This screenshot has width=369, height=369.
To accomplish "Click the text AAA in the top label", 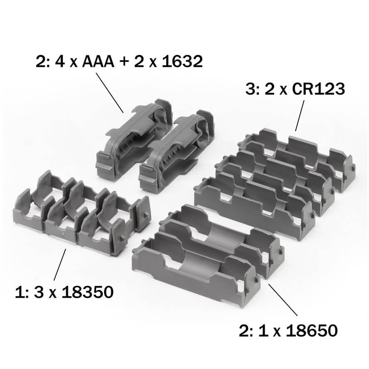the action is (98, 61).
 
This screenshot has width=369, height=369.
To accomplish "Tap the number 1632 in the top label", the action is (182, 61).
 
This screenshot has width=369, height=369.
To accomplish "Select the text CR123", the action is (318, 89).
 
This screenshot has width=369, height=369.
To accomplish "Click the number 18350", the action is (88, 292).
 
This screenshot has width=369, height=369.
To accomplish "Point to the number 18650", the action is (312, 330).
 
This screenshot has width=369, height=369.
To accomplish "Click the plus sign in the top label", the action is (124, 61).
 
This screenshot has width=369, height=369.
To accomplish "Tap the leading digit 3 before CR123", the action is (249, 89).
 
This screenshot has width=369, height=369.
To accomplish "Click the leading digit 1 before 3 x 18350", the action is (19, 292).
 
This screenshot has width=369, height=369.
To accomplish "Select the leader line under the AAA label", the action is (109, 93).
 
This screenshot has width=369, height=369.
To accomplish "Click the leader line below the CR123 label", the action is (300, 116).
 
